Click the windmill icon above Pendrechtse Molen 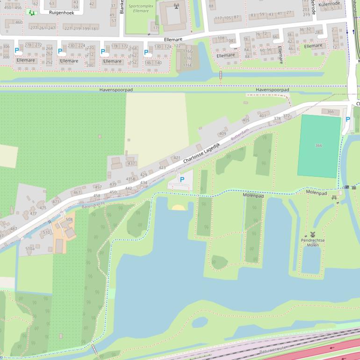click(x=313, y=234)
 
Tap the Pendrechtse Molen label click(x=313, y=242)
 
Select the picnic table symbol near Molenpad click(x=334, y=198)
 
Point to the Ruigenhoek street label click(x=58, y=13)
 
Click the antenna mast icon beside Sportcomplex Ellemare click(x=176, y=6)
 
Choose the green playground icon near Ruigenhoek click(x=31, y=12)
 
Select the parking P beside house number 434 click(x=182, y=179)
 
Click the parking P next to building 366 click(x=347, y=119)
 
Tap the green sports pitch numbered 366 click(x=319, y=145)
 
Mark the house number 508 click(x=69, y=219)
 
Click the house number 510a click(x=30, y=249)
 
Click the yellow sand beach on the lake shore click(x=178, y=208)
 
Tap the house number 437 click(x=131, y=164)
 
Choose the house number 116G click(x=188, y=51)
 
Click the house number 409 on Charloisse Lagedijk click(x=223, y=134)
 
